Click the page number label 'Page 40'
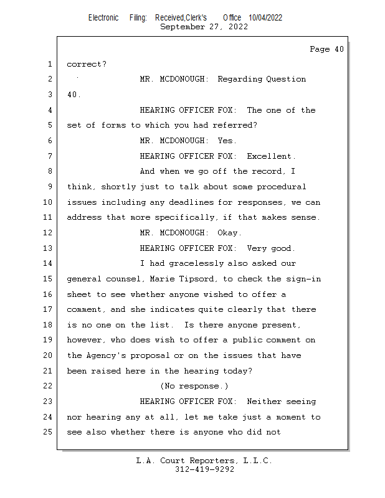[x=326, y=49]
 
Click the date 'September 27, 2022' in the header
[x=204, y=27]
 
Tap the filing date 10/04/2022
[x=265, y=17]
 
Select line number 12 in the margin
[x=48, y=233]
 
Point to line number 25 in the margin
[x=48, y=432]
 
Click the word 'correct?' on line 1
[x=87, y=64]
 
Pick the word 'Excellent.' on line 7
[x=272, y=156]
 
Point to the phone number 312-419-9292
[x=204, y=469]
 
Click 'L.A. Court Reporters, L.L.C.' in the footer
[x=204, y=461]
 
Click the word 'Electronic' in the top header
[x=103, y=17]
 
